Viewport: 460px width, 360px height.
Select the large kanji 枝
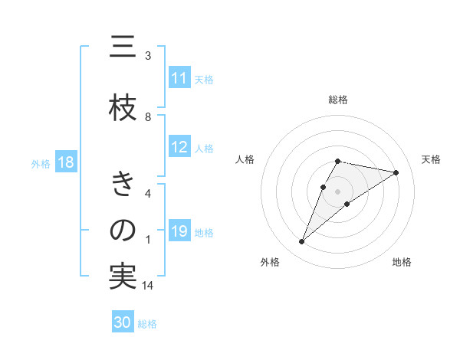(123, 110)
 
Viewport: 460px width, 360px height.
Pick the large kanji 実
(123, 277)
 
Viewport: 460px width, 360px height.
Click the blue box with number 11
(179, 78)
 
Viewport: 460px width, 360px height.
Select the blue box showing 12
(179, 147)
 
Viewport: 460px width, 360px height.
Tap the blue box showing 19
(179, 231)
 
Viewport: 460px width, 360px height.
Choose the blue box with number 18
(65, 163)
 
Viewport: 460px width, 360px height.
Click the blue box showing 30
(123, 322)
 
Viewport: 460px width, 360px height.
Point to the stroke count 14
(149, 286)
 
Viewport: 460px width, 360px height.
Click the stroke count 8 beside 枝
(148, 117)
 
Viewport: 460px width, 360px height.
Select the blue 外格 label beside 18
(41, 164)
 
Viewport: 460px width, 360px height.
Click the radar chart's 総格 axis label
(338, 100)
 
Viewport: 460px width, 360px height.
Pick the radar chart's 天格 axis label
(431, 159)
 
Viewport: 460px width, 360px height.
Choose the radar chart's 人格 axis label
(245, 159)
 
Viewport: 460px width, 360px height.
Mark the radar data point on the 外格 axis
(301, 242)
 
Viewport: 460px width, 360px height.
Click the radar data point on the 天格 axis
(396, 172)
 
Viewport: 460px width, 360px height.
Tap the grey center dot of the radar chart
(338, 191)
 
